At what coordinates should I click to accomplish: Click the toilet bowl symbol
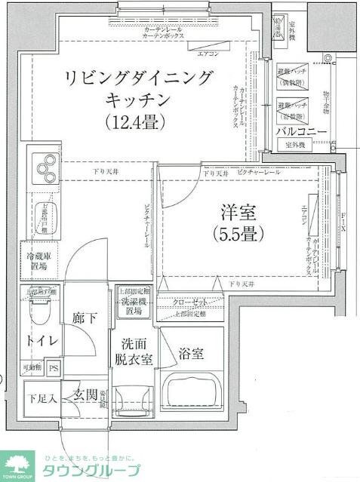(x=39, y=310)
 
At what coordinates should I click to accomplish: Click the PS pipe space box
(x=54, y=368)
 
